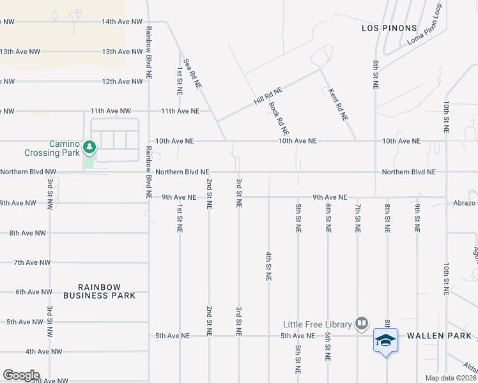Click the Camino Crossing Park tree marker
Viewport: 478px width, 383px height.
pyautogui.click(x=89, y=148)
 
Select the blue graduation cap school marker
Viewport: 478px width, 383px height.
pyautogui.click(x=385, y=341)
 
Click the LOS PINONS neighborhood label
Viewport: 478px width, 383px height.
pyautogui.click(x=389, y=28)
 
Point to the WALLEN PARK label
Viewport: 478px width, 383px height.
pyautogui.click(x=439, y=335)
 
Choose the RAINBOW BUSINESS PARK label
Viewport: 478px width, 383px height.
pyautogui.click(x=99, y=292)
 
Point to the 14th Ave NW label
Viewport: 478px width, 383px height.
pyautogui.click(x=122, y=22)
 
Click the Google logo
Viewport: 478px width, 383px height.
pyautogui.click(x=20, y=375)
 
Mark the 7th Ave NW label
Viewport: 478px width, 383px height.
pyautogui.click(x=32, y=262)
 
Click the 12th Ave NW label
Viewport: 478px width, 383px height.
pyautogui.click(x=122, y=82)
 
